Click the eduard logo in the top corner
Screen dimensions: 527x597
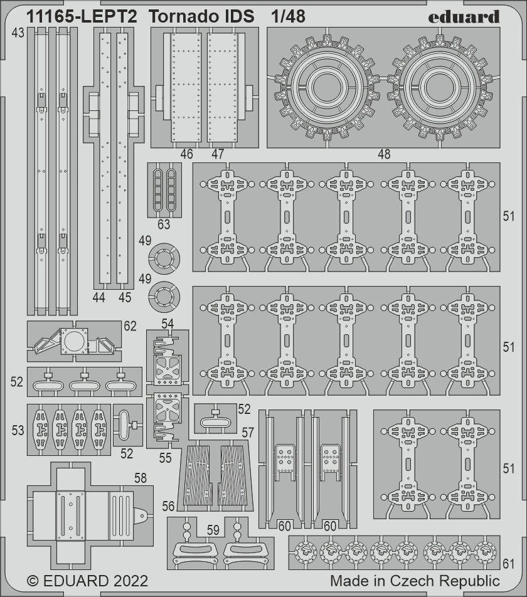pos(464,16)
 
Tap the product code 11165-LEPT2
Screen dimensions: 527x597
pos(82,17)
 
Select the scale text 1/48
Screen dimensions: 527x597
pos(288,17)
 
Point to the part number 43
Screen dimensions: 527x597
pos(18,33)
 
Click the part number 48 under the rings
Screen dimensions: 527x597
pos(384,154)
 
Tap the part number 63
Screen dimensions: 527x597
pos(164,225)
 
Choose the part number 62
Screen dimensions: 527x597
pos(130,326)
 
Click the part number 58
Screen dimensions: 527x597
pos(141,478)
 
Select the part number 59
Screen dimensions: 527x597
pos(213,530)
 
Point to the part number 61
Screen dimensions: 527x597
pos(509,564)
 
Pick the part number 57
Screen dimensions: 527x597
pos(248,433)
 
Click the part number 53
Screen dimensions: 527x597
pos(18,431)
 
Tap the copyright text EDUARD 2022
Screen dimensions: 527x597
pos(88,581)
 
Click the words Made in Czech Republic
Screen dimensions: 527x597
pos(415,581)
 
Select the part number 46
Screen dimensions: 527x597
pos(186,154)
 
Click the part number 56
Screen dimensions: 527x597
pos(168,506)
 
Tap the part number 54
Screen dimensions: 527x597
pos(168,324)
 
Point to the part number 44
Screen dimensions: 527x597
pos(98,297)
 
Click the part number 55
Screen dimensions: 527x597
pos(165,458)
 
